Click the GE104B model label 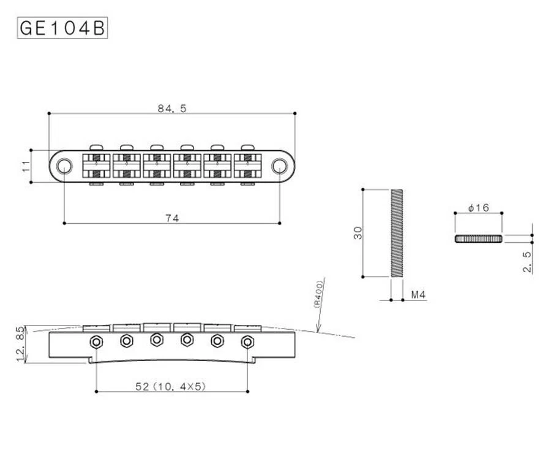pos(62,28)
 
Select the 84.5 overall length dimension pos(172,109)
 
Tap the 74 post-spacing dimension pos(172,218)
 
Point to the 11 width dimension pos(26,166)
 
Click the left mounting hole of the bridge pos(64,166)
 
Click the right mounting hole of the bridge pos(279,166)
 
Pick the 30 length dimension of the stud pos(358,233)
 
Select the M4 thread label pos(418,295)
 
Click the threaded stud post pos(397,233)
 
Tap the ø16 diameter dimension pos(479,208)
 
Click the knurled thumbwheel pos(479,239)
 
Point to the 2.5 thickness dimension pos(527,261)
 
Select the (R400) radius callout pos(318,294)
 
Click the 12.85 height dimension pos(20,344)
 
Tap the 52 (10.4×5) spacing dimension pos(170,387)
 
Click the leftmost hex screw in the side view pos(96,341)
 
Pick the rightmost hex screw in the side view pos(248,341)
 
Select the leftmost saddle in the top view pos(96,166)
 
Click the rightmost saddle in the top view pos(248,166)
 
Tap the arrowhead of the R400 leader pos(317,330)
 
